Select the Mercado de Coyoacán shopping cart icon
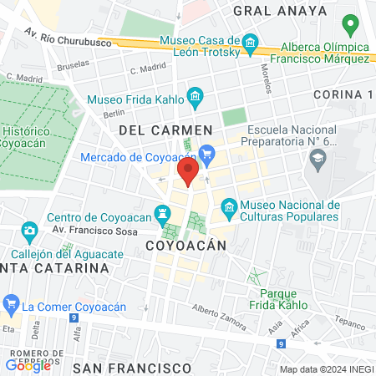coord(207,154)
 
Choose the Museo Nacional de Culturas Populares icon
coord(227,206)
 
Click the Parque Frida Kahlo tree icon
coord(256,277)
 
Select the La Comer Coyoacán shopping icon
coord(11,302)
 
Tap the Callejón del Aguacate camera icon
coord(30,230)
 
